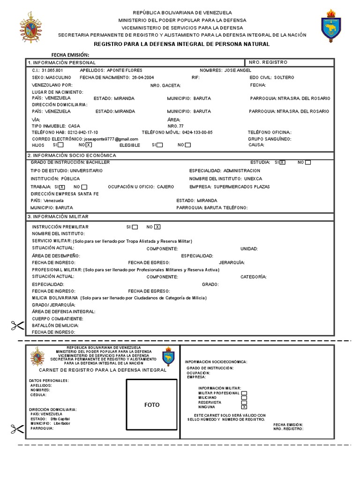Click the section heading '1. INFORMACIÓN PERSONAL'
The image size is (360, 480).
coord(61,62)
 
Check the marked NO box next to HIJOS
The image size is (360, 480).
coord(88,145)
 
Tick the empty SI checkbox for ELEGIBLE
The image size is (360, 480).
coord(160,145)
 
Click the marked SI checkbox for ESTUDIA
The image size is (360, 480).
coord(282,162)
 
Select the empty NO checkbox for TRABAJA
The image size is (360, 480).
coord(84,187)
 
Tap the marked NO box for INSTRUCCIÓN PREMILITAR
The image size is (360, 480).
coord(157,227)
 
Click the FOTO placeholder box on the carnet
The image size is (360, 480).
coord(152,404)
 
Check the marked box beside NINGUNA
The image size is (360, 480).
coord(244,407)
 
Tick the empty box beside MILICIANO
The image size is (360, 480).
coord(244,397)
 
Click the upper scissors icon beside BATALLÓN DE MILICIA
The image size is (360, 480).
coord(17,325)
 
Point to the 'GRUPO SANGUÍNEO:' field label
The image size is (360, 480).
coord(270,139)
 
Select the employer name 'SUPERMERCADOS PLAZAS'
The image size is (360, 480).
coord(242,187)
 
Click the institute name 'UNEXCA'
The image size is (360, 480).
coord(253,179)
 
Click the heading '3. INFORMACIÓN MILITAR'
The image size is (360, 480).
coord(58,217)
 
